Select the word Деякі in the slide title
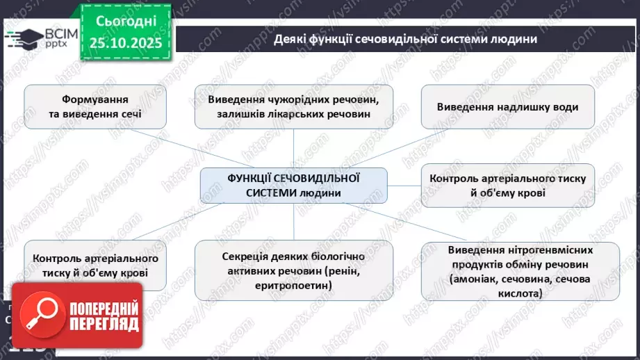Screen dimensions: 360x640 pyautogui.click(x=291, y=39)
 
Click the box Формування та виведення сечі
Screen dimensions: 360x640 pyautogui.click(x=88, y=106)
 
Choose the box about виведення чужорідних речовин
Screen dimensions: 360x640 pyautogui.click(x=293, y=106)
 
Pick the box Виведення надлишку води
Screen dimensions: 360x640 pyautogui.click(x=507, y=107)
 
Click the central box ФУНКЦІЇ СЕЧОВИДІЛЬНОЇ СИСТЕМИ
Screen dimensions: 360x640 pyautogui.click(x=293, y=185)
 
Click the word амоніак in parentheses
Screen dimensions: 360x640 pyautogui.click(x=475, y=279)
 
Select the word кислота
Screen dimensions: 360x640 pyautogui.click(x=518, y=294)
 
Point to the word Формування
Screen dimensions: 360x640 pyautogui.click(x=88, y=99)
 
